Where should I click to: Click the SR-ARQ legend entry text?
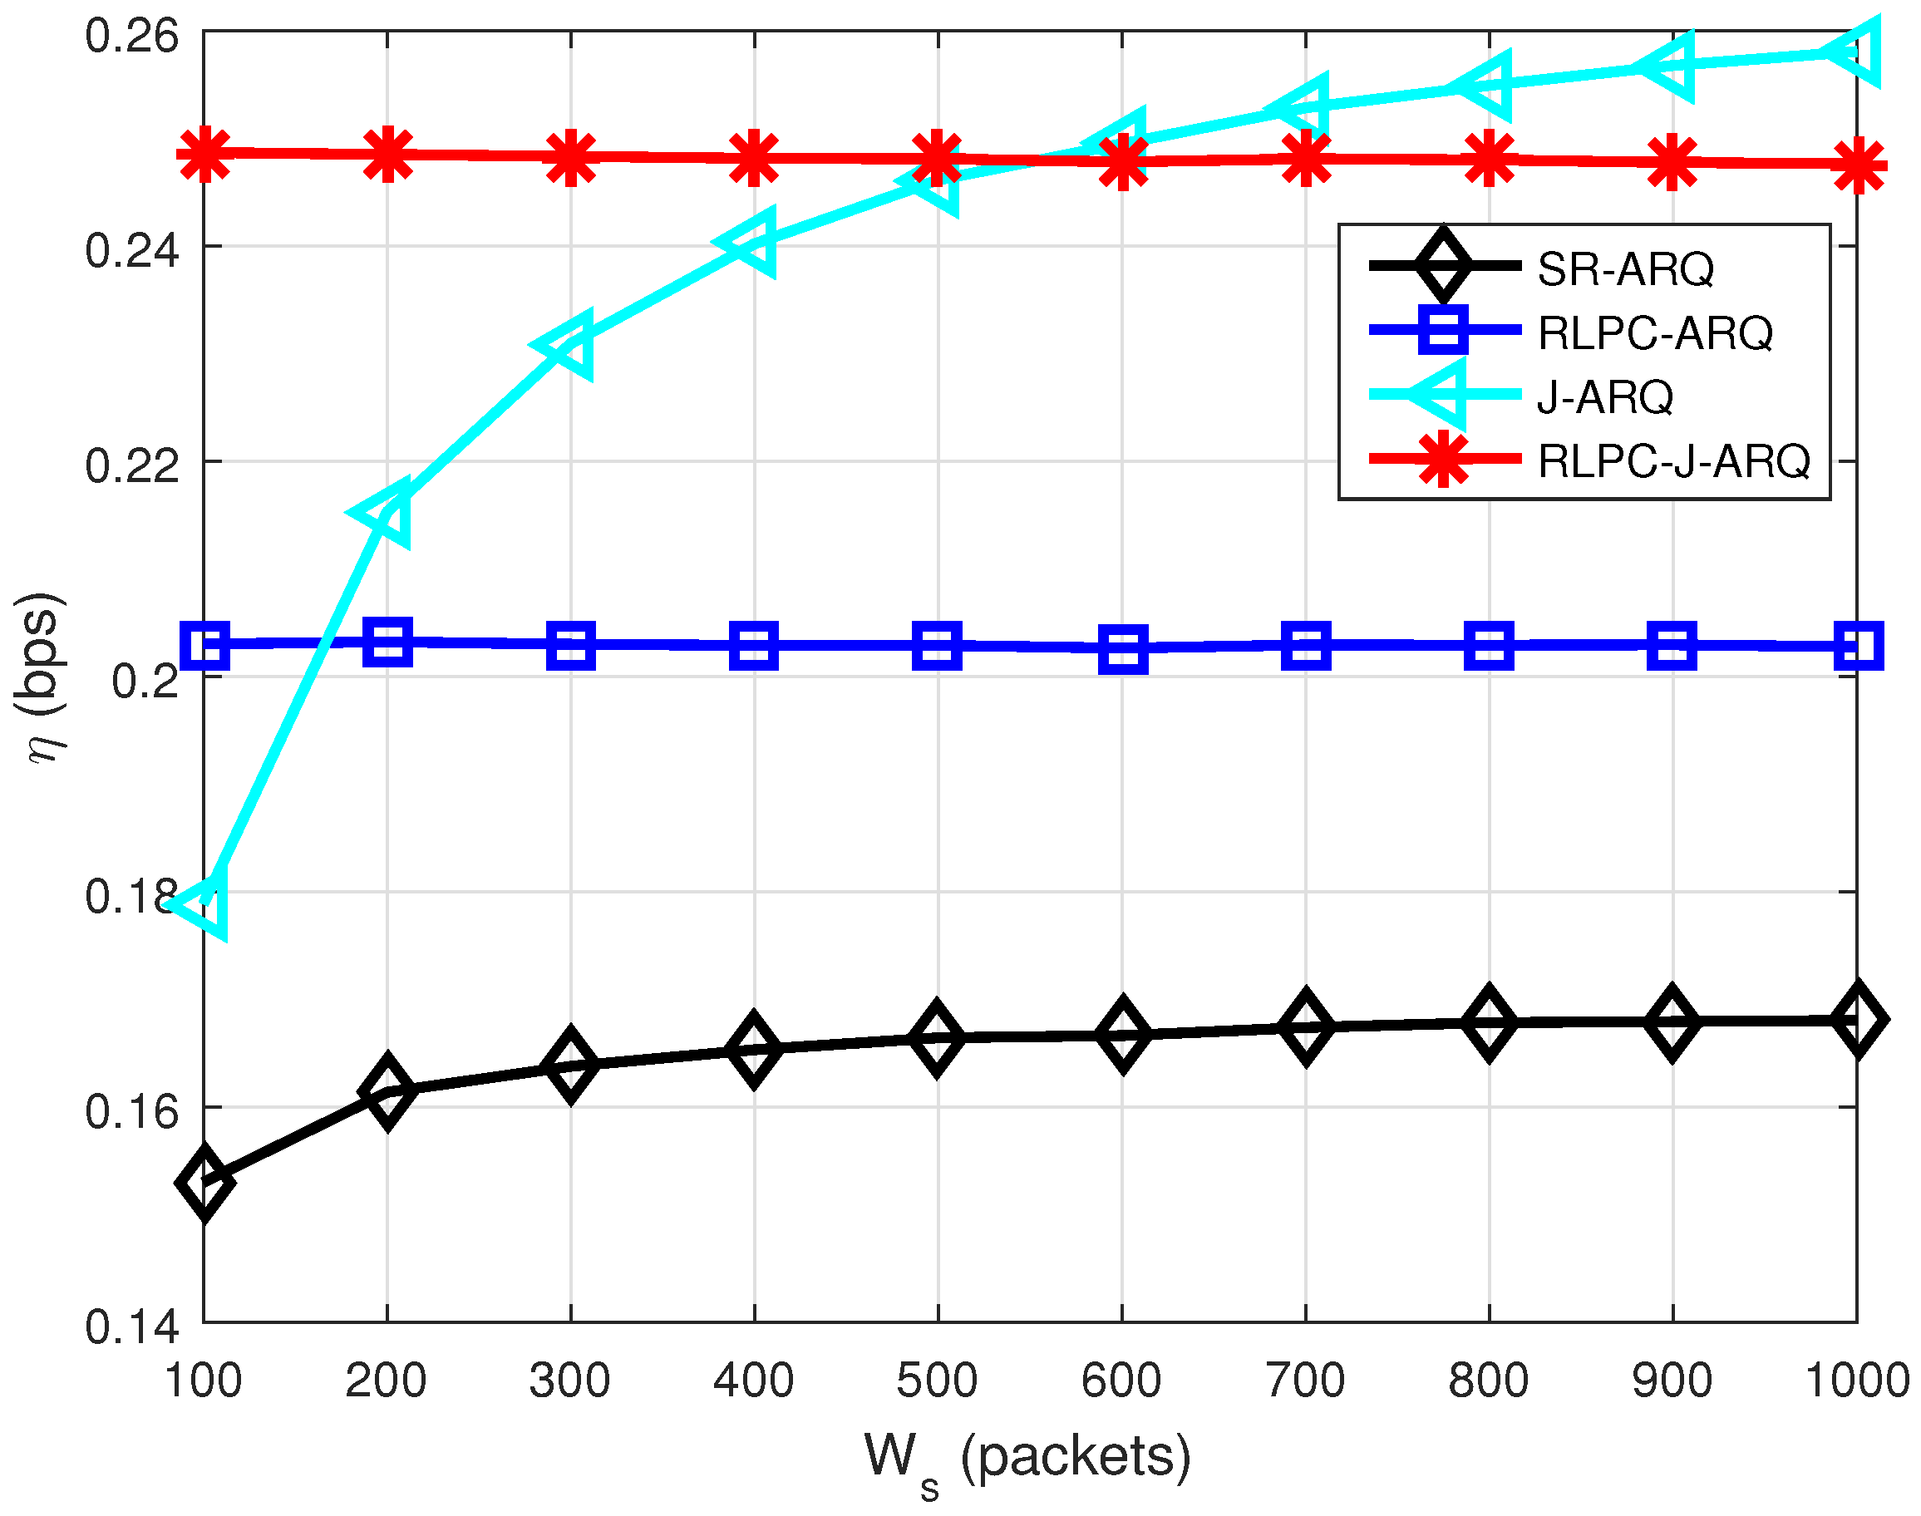point(1625,269)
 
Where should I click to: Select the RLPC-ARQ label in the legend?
point(1655,332)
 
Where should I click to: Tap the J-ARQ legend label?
point(1605,396)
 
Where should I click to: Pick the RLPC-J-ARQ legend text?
point(1673,460)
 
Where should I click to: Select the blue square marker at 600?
point(1123,649)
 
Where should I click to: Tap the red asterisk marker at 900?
point(1672,162)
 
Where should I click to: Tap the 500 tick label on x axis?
point(937,1381)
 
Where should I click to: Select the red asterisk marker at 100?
point(205,155)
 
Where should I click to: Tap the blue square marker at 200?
point(388,641)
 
